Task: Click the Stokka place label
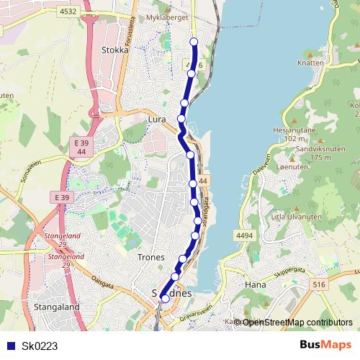pyautogui.click(x=115, y=51)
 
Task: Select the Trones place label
pyautogui.click(x=151, y=257)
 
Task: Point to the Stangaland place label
pyautogui.click(x=56, y=307)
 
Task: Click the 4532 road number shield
pyautogui.click(x=68, y=12)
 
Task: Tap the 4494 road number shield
pyautogui.click(x=244, y=235)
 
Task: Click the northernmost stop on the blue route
pyautogui.click(x=194, y=42)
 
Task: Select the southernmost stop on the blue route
pyautogui.click(x=165, y=298)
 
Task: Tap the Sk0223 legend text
pyautogui.click(x=40, y=346)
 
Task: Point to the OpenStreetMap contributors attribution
pyautogui.click(x=297, y=322)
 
